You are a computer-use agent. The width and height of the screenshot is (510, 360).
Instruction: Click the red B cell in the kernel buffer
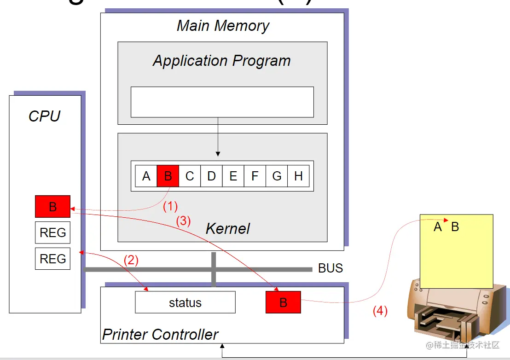coord(168,176)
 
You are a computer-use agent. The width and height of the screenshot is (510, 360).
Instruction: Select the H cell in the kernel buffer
coord(298,176)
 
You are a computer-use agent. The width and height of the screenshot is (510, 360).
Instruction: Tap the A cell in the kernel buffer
coord(146,176)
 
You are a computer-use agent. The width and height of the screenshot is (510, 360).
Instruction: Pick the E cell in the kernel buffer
coord(233,176)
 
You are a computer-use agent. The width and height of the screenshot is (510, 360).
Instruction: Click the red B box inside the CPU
coord(52,207)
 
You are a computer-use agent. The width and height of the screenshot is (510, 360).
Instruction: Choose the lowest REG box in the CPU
coord(52,259)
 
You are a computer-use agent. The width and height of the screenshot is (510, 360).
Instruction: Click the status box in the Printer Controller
coord(185,302)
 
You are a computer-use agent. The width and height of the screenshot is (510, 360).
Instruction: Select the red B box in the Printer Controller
coord(283,302)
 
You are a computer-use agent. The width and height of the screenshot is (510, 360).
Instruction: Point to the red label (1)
coord(170,206)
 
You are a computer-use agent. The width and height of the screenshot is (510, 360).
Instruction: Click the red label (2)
coord(131,260)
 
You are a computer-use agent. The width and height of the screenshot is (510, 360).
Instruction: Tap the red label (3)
coord(183,221)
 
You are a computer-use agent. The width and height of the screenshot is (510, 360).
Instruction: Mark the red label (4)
coord(380,311)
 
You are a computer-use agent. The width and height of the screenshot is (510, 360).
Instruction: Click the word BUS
coord(330,268)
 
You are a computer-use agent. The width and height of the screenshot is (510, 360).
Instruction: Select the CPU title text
coord(45,116)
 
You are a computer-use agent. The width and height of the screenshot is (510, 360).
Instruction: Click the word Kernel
coord(228,228)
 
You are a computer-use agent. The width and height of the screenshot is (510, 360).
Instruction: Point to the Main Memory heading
coord(223,25)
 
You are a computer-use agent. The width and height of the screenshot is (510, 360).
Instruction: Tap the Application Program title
coord(222,61)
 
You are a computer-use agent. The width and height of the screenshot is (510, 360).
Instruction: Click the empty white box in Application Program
coord(222,102)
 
